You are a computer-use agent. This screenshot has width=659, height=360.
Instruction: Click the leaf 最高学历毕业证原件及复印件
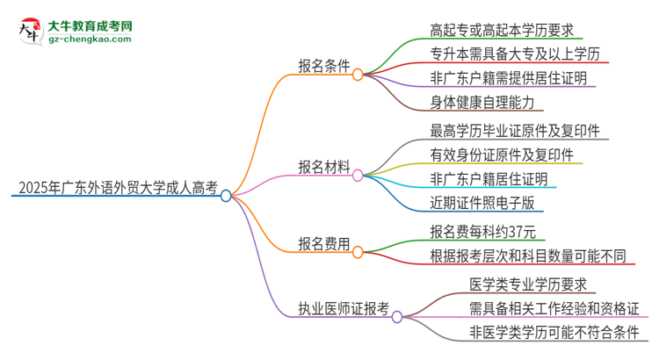point(515,132)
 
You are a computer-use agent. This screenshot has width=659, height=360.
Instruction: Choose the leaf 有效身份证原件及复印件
point(503,155)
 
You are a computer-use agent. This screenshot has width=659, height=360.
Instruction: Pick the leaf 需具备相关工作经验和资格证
point(554,307)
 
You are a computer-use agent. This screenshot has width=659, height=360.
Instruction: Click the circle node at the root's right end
point(226,196)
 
